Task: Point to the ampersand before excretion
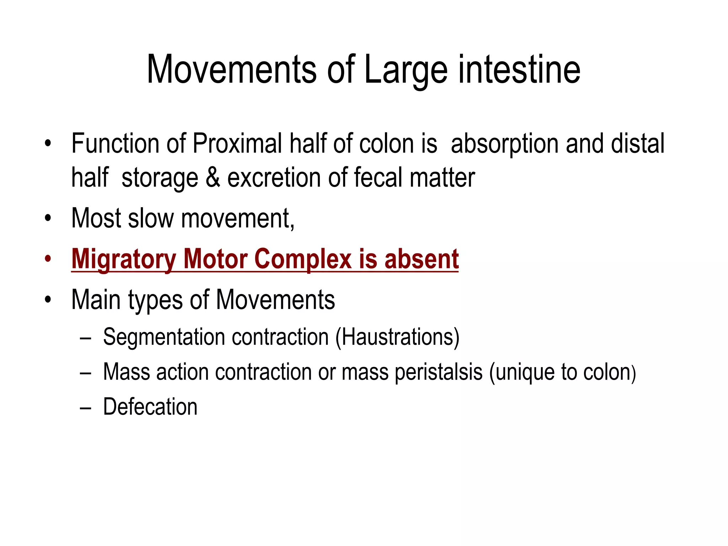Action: point(213,178)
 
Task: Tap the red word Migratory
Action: point(123,259)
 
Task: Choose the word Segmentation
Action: point(164,337)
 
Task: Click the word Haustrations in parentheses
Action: point(397,337)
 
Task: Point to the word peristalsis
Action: point(439,372)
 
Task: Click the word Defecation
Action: point(150,407)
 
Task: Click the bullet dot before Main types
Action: point(48,300)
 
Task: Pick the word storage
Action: point(160,178)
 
